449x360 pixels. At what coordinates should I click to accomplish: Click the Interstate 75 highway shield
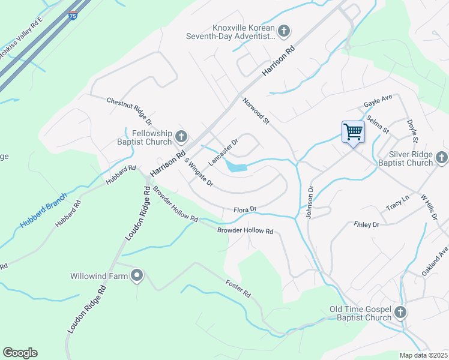(73, 16)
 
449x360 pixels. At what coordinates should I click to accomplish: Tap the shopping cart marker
(353, 131)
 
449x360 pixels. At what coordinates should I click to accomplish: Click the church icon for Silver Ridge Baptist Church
(442, 158)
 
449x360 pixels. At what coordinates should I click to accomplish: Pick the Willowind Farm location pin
(137, 276)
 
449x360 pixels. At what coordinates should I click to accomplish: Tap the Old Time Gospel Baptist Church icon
(400, 313)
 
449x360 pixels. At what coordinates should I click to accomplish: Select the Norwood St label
(256, 112)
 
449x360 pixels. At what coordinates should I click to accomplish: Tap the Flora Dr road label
(245, 209)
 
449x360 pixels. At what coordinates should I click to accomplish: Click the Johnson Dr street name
(310, 202)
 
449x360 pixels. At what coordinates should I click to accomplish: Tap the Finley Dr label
(367, 224)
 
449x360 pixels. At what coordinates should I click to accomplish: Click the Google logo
(20, 353)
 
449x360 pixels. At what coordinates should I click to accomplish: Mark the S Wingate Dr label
(199, 171)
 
